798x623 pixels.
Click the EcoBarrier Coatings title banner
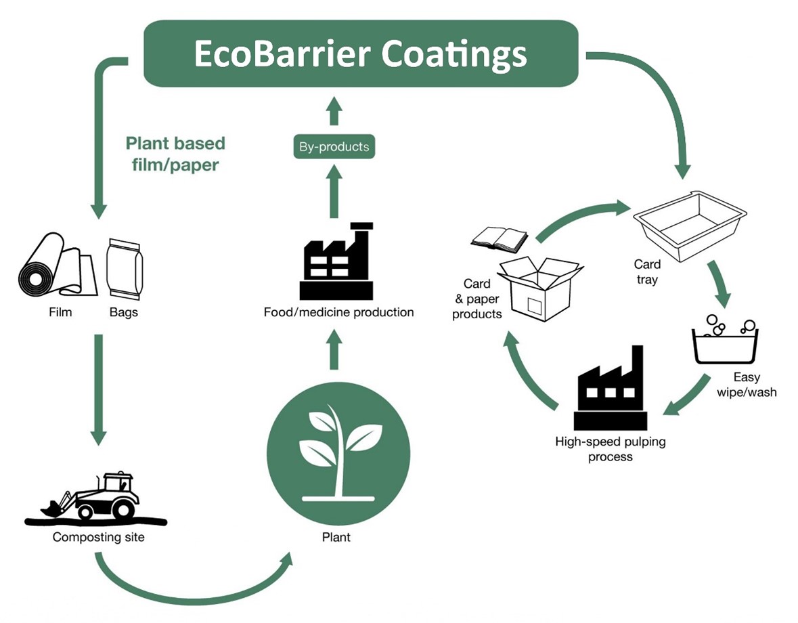tap(361, 53)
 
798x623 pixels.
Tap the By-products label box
tap(334, 146)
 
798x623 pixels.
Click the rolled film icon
tap(57, 265)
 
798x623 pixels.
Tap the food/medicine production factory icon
tap(336, 261)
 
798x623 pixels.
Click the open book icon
tap(500, 238)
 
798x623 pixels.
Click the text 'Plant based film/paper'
tap(175, 154)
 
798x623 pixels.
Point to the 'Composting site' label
tap(98, 538)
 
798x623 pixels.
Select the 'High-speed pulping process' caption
tap(610, 449)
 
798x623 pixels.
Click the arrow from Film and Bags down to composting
tap(99, 389)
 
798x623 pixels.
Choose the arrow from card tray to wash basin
tap(722, 284)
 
